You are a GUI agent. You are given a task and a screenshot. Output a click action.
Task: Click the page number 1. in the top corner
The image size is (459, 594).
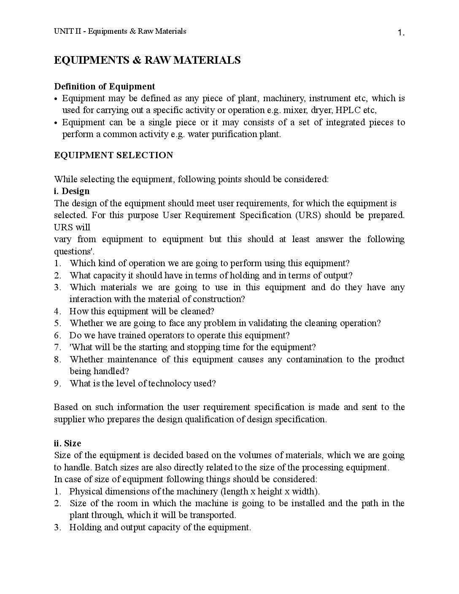[401, 33]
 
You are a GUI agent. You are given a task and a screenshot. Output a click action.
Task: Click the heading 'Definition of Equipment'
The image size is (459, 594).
[105, 86]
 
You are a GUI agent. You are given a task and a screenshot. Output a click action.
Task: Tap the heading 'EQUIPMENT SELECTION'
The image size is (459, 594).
[113, 155]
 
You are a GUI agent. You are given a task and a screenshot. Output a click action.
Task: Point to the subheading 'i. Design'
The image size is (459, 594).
[72, 191]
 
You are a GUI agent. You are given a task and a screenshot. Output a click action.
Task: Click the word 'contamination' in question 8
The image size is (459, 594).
[314, 359]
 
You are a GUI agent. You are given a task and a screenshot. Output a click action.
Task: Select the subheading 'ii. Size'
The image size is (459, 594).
[67, 443]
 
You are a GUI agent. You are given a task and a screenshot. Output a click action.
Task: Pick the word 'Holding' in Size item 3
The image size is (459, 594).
[85, 527]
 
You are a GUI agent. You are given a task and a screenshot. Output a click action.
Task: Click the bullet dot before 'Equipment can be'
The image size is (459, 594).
[56, 123]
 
